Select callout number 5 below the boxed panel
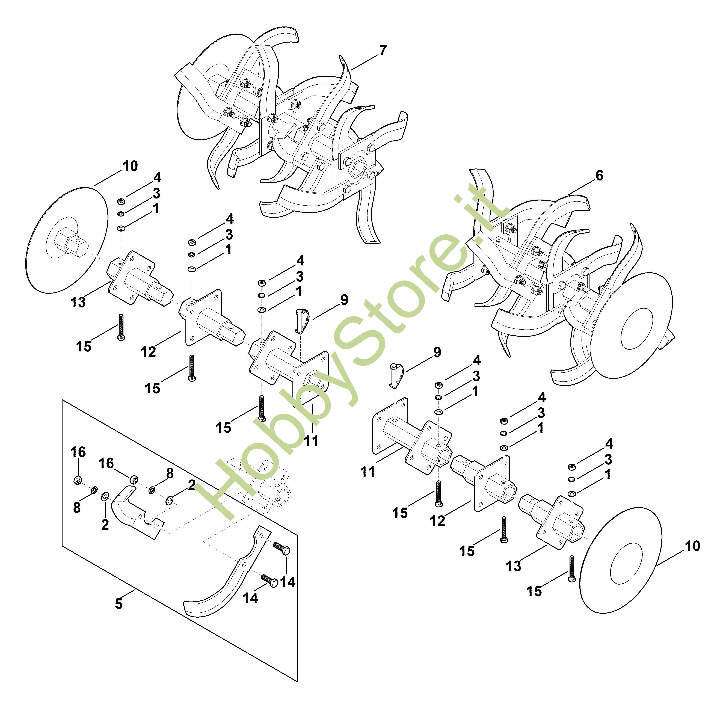pos(118,604)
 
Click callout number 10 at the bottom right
pos(692,546)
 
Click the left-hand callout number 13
pos(78,302)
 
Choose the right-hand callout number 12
pos(437,521)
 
